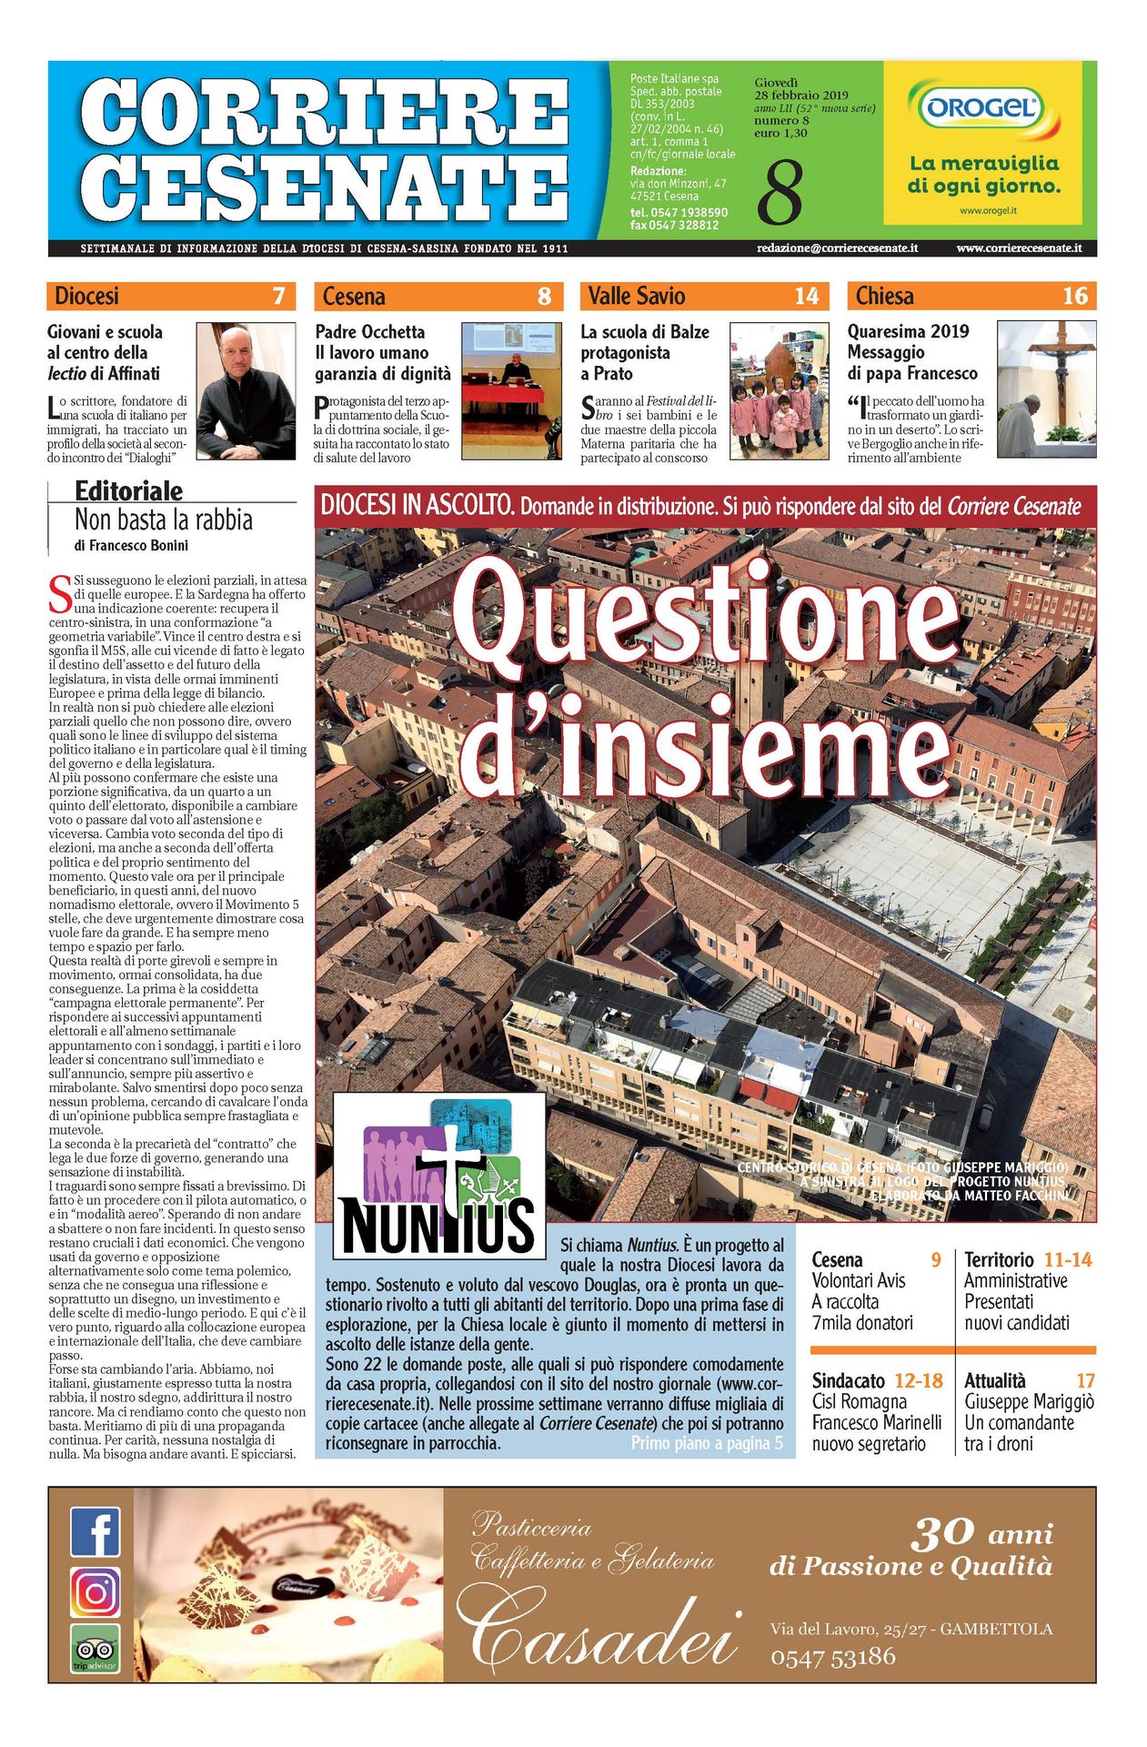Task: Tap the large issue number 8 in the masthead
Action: point(780,192)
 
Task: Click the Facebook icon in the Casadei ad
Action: point(96,1531)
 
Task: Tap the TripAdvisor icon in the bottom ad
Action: point(96,1649)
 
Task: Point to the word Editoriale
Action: point(128,491)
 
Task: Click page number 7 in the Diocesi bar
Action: point(278,296)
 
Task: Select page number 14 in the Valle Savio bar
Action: point(806,296)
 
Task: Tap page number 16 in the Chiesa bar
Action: point(1074,296)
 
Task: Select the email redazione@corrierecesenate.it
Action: point(837,247)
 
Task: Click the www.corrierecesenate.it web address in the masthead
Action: point(1019,247)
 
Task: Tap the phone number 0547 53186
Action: point(832,1657)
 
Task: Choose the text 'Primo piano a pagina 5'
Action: point(706,1443)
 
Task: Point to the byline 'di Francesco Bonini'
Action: point(131,546)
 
